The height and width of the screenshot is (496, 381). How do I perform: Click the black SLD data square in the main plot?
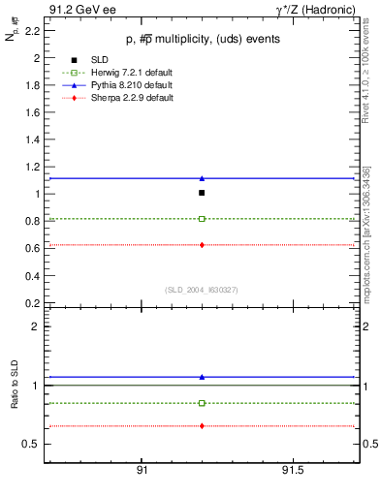tap(202, 193)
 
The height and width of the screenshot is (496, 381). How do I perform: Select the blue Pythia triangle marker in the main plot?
tap(202, 178)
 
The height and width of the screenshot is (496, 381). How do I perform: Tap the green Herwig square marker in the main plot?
tap(202, 219)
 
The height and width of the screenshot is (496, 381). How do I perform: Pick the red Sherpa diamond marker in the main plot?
tap(202, 245)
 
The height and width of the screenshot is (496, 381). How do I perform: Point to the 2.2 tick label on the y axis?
tap(31, 31)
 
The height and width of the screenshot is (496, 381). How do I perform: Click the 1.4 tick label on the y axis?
tap(31, 139)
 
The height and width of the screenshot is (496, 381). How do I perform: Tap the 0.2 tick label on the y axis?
tap(31, 302)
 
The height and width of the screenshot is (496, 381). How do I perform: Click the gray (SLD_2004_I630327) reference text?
tap(202, 290)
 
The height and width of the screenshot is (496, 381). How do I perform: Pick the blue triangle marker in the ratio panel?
tap(202, 377)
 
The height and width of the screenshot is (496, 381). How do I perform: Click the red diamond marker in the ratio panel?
tap(202, 426)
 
